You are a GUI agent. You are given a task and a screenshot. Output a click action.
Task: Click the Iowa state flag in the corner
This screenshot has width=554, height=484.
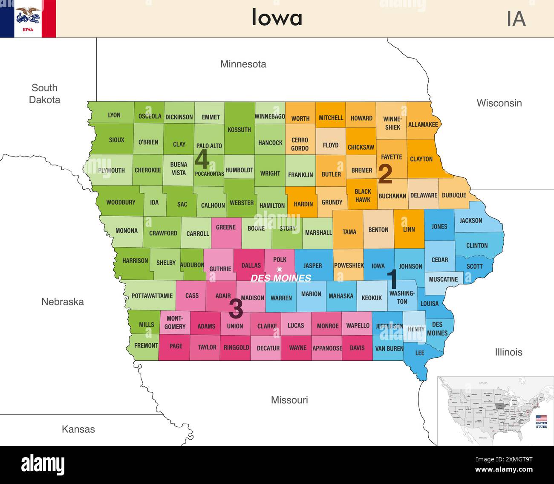(28, 19)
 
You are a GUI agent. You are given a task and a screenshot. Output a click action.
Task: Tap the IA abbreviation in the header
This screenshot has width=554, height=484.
(516, 19)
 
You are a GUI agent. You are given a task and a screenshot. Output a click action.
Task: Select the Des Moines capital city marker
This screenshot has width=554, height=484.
(280, 269)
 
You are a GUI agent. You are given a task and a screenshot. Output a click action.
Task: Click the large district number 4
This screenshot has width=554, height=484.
(202, 160)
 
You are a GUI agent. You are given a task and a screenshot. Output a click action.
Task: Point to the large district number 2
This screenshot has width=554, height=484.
(385, 174)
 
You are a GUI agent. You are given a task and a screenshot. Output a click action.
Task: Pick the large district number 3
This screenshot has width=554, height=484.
(236, 308)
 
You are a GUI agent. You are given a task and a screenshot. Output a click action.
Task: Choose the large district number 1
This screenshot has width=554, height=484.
(392, 279)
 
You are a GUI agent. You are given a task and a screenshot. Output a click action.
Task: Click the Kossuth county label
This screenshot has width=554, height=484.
(239, 130)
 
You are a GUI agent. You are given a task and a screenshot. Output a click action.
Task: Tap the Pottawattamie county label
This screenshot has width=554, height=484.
(152, 296)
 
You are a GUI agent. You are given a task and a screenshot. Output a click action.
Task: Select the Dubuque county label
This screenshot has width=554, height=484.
(454, 195)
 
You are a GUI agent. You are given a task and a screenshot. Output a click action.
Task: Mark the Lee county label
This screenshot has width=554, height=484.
(420, 353)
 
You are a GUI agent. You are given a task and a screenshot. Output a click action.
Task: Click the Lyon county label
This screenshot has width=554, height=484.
(114, 115)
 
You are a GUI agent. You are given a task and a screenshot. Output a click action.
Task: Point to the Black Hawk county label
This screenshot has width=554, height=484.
(363, 195)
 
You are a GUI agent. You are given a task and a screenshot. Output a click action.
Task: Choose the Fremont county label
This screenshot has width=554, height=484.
(146, 345)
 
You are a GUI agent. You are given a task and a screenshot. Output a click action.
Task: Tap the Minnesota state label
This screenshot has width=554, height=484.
(243, 64)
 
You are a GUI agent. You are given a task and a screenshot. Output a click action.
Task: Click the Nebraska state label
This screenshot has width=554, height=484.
(63, 301)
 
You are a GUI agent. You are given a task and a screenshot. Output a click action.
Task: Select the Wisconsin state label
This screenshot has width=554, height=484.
(499, 103)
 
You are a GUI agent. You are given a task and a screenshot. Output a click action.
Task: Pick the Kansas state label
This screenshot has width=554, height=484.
(78, 429)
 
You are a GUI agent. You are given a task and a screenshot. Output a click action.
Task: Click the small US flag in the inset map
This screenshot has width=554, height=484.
(541, 418)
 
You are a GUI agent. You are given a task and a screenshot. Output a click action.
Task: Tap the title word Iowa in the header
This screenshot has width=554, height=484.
(277, 18)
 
